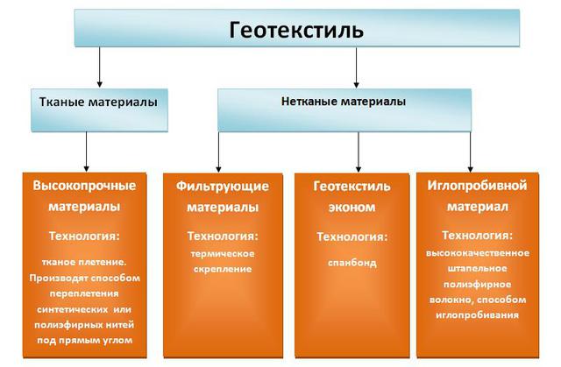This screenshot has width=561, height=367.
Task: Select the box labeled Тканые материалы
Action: (x=98, y=102)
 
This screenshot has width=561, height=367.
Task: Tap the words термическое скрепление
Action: (x=222, y=261)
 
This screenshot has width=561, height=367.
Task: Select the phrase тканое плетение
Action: (x=83, y=262)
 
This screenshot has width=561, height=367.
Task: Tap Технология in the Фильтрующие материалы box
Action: (x=223, y=236)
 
